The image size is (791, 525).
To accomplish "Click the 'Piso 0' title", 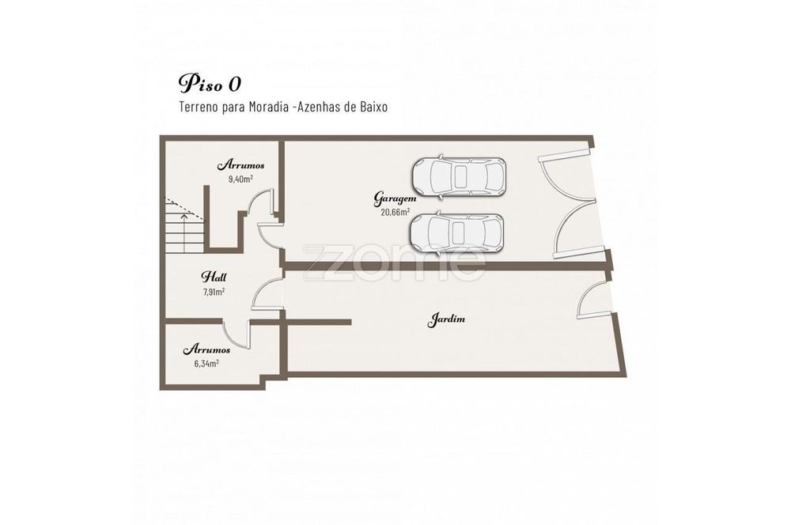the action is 210,84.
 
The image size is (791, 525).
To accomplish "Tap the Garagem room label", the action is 395,198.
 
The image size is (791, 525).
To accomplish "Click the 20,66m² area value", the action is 395,212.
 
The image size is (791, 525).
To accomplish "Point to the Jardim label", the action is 446,319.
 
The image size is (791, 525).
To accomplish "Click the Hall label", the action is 214,277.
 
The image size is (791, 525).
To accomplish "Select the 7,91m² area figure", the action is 214,292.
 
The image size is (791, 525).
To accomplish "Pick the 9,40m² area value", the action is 240,179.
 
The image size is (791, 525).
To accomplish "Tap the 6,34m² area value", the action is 206,363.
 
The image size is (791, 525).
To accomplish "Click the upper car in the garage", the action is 459,176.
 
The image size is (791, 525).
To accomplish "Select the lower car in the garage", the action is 456,232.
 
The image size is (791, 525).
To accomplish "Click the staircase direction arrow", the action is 184,229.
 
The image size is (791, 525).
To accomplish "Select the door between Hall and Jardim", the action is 264,293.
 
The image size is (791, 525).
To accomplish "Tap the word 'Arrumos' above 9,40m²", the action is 240,165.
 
